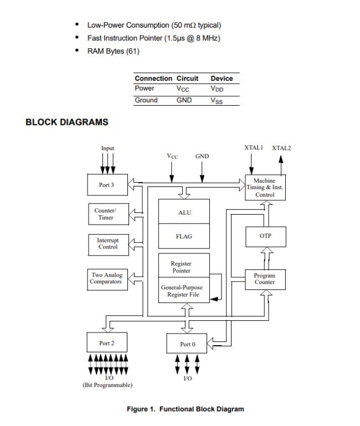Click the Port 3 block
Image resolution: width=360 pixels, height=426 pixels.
pos(107,185)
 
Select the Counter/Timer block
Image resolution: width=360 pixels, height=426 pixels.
pos(107,214)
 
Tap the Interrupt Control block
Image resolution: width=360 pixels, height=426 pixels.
pos(107,244)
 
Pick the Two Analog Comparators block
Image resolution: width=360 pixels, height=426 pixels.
pos(107,278)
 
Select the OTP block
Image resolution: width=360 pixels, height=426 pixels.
pos(265,236)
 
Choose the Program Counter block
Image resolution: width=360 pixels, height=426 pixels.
pos(265,279)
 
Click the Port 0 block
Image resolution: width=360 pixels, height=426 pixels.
pos(187,344)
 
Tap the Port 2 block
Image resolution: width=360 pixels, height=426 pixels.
pos(107,343)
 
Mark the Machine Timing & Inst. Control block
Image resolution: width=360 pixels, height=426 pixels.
pos(265,188)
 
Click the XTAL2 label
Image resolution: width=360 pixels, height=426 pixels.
pos(281,148)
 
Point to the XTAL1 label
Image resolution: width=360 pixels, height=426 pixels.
pos(254,148)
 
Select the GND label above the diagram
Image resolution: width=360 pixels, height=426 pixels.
pos(202,157)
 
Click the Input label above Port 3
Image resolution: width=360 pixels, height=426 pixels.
pos(107,148)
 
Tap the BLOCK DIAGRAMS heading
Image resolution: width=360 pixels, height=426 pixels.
pos(67,122)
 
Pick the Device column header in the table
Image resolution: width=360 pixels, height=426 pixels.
pos(222,79)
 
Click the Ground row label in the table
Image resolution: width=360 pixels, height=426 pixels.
pos(146,100)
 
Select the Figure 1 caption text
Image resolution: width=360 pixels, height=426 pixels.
pos(185,409)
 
